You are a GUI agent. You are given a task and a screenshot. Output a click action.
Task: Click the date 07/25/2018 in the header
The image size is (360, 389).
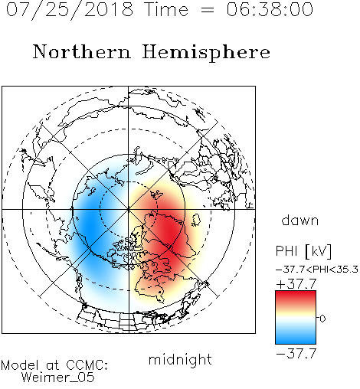coord(70,10)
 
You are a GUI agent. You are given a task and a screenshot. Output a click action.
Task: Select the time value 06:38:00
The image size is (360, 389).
coord(270,9)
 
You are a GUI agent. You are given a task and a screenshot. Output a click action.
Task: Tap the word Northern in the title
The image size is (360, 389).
coord(82,52)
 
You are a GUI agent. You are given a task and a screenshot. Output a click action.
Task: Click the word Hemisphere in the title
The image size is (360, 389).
coord(206,53)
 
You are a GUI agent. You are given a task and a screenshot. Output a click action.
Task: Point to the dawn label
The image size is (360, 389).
coord(300,220)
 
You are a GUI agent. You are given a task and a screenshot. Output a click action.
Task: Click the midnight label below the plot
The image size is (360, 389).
coord(180,360)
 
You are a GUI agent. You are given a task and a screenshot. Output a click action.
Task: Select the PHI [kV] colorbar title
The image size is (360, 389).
coord(303,251)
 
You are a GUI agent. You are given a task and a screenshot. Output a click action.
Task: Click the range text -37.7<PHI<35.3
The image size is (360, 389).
coord(317,270)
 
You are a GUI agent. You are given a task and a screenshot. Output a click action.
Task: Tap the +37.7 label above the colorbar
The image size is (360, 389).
coord(296,284)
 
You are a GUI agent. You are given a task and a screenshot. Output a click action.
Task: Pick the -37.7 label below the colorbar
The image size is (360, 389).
coord(296,354)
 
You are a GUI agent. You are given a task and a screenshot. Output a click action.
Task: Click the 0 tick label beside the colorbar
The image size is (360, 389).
coord(322,319)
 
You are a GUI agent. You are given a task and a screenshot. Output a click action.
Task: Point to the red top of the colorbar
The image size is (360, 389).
coord(296,296)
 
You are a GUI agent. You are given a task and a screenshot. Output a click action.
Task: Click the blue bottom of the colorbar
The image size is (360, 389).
coord(296,338)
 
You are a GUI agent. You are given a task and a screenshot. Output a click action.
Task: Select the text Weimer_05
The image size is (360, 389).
coord(58,378)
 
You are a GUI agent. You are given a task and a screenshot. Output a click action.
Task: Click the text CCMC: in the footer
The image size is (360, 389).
coord(87,365)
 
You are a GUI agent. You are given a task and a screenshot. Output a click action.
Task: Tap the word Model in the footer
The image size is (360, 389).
coord(20,365)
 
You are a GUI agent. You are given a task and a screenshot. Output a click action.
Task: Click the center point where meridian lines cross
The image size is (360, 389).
coord(129,210)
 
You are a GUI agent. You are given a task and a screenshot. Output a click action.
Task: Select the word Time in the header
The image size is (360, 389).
coord(166,9)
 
